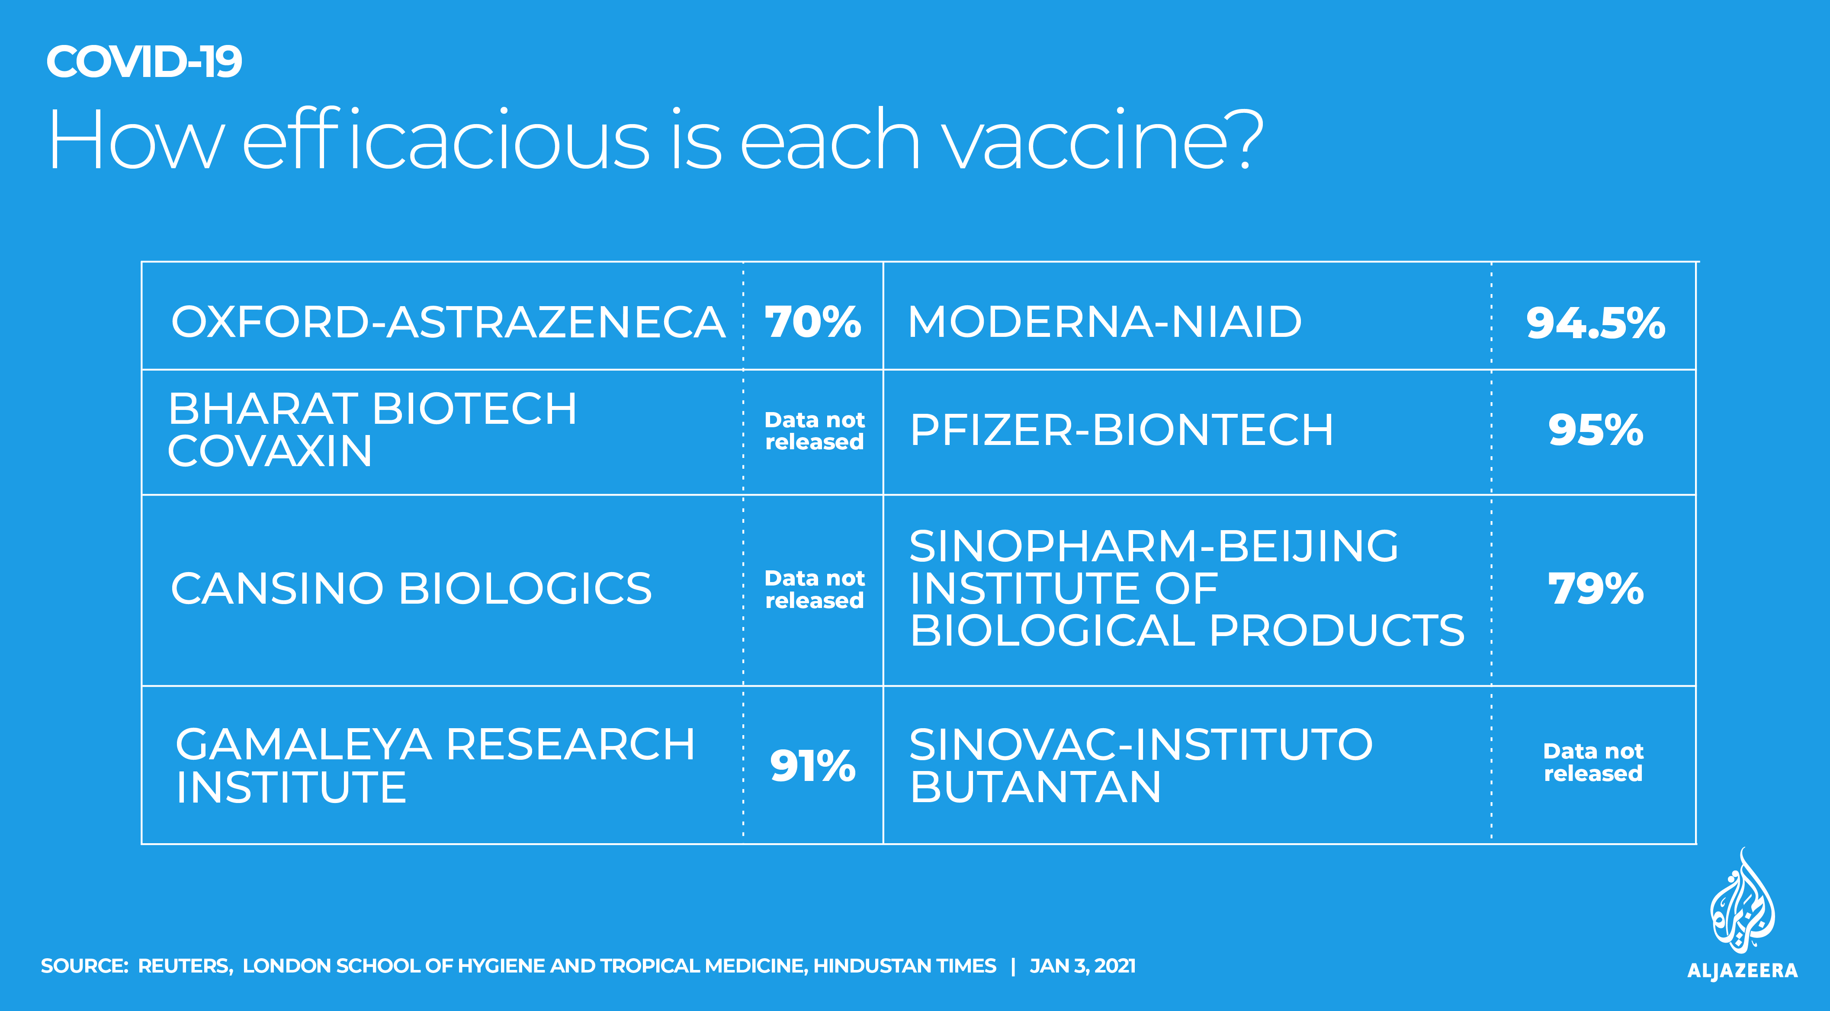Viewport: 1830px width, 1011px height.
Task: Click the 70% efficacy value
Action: (813, 322)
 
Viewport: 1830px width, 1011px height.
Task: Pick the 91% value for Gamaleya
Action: (813, 766)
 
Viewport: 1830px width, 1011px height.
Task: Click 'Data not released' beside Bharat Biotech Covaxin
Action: (814, 431)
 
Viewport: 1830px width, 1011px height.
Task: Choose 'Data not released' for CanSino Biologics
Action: (814, 589)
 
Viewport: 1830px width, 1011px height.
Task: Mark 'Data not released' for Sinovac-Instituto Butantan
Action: (1593, 762)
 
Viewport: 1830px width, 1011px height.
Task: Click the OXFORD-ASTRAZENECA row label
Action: (448, 322)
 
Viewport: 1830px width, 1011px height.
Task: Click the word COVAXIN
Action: (270, 451)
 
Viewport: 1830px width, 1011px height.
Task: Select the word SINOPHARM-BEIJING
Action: (1154, 546)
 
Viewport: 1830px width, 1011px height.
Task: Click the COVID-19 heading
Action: (144, 62)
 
